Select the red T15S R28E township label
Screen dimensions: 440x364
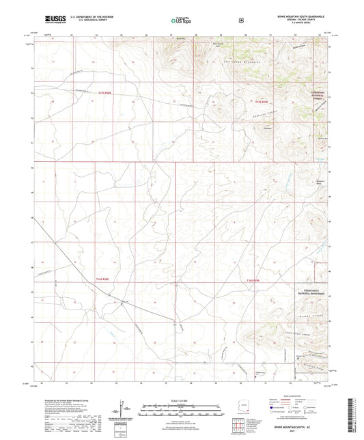tap(103, 100)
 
